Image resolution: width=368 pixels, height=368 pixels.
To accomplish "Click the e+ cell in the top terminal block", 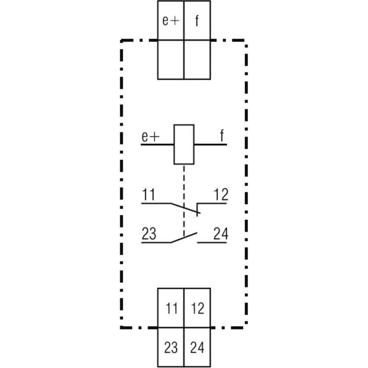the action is (x=171, y=20).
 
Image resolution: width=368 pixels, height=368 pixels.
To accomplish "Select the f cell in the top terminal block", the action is (x=197, y=20).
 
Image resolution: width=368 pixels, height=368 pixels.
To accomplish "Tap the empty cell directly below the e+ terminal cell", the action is (x=171, y=60).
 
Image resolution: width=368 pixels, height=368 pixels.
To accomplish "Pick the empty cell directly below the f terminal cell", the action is (x=197, y=60).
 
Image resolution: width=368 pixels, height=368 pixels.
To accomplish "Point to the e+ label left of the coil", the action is (x=150, y=136).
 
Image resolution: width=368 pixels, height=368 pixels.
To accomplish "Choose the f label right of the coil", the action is (x=222, y=135).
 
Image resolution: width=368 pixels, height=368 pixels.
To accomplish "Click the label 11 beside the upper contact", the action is (x=149, y=195).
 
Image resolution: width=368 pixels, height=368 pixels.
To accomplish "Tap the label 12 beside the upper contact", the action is (x=221, y=195).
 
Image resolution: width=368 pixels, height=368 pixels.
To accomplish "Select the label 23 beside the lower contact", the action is (x=149, y=234).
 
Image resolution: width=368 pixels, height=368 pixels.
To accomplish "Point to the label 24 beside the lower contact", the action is (x=221, y=234).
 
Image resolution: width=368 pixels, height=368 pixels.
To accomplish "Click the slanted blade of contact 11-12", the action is (x=185, y=208).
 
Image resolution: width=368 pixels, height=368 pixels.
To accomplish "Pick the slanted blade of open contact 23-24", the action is (x=184, y=237).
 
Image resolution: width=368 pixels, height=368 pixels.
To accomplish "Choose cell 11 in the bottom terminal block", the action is (x=171, y=308).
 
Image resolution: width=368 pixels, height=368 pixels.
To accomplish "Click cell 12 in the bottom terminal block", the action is (x=197, y=308).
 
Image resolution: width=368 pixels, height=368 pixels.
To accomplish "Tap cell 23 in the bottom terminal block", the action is (x=171, y=347).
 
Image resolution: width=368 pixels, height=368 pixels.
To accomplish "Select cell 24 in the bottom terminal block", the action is (x=197, y=347).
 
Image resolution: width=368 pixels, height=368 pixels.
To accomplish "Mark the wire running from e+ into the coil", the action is (x=157, y=144).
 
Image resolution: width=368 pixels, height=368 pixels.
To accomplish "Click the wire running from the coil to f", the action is (x=211, y=144).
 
